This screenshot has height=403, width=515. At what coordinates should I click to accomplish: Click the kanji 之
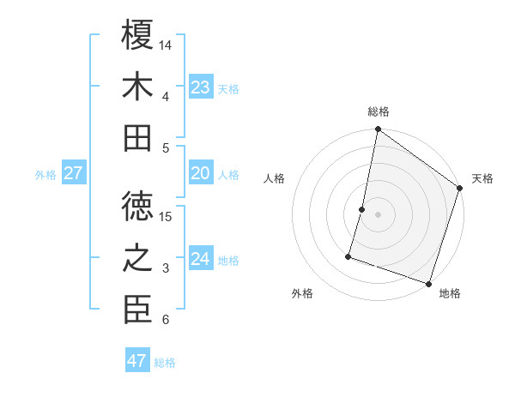pos(138,258)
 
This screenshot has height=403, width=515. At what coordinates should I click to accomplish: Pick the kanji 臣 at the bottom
pos(138,310)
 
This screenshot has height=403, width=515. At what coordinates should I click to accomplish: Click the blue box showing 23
pos(201,87)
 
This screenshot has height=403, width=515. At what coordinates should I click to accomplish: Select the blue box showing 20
pos(201,173)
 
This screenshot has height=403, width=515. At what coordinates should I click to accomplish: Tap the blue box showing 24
pos(201,259)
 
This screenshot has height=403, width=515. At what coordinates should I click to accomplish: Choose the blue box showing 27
pos(74,173)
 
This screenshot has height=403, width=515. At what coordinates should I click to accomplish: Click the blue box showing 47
pos(136,361)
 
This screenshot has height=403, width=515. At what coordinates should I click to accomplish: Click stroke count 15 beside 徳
pos(167,216)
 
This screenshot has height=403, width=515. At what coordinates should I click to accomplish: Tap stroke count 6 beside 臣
pos(165,320)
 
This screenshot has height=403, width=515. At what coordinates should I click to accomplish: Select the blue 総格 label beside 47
pos(165,363)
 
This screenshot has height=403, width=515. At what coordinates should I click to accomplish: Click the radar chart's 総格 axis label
pos(378,111)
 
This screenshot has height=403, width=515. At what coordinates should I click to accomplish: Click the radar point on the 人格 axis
pos(362,209)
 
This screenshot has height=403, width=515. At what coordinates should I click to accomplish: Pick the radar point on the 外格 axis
pos(348,256)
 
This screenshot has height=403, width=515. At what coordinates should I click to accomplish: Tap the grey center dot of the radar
pos(378,214)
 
